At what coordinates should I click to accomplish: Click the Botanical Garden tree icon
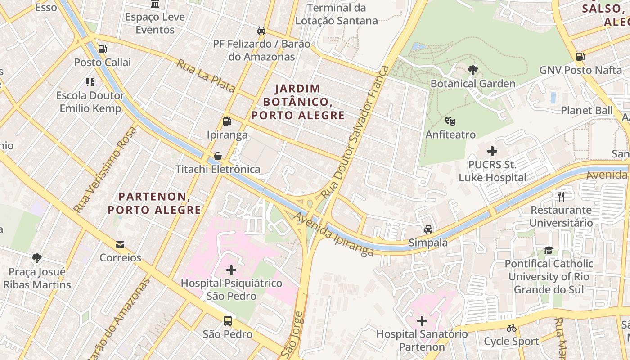(x=472, y=70)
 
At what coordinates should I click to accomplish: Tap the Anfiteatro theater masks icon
(x=450, y=121)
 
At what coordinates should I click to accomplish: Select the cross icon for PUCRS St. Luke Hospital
(x=492, y=151)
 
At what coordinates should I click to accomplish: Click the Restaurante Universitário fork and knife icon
(x=561, y=196)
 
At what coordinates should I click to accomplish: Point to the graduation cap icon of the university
(x=549, y=250)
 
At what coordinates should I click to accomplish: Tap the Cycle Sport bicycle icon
(x=511, y=328)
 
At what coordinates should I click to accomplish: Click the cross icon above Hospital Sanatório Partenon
(x=422, y=321)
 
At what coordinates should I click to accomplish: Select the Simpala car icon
(x=428, y=229)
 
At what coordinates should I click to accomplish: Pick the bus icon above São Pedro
(x=228, y=321)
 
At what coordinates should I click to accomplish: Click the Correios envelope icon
(x=120, y=244)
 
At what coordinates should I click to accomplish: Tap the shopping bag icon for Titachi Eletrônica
(x=218, y=156)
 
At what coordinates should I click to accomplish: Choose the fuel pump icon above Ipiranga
(x=227, y=121)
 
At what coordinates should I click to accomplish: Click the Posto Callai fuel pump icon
(x=103, y=49)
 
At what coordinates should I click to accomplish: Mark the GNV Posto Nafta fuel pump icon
(x=580, y=57)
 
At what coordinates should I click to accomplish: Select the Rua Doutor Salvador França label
(x=354, y=132)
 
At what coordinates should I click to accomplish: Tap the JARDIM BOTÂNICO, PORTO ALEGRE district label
(x=298, y=102)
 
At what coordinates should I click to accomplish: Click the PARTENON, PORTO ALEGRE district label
(x=154, y=203)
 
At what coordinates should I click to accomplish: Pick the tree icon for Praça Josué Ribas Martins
(x=37, y=258)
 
